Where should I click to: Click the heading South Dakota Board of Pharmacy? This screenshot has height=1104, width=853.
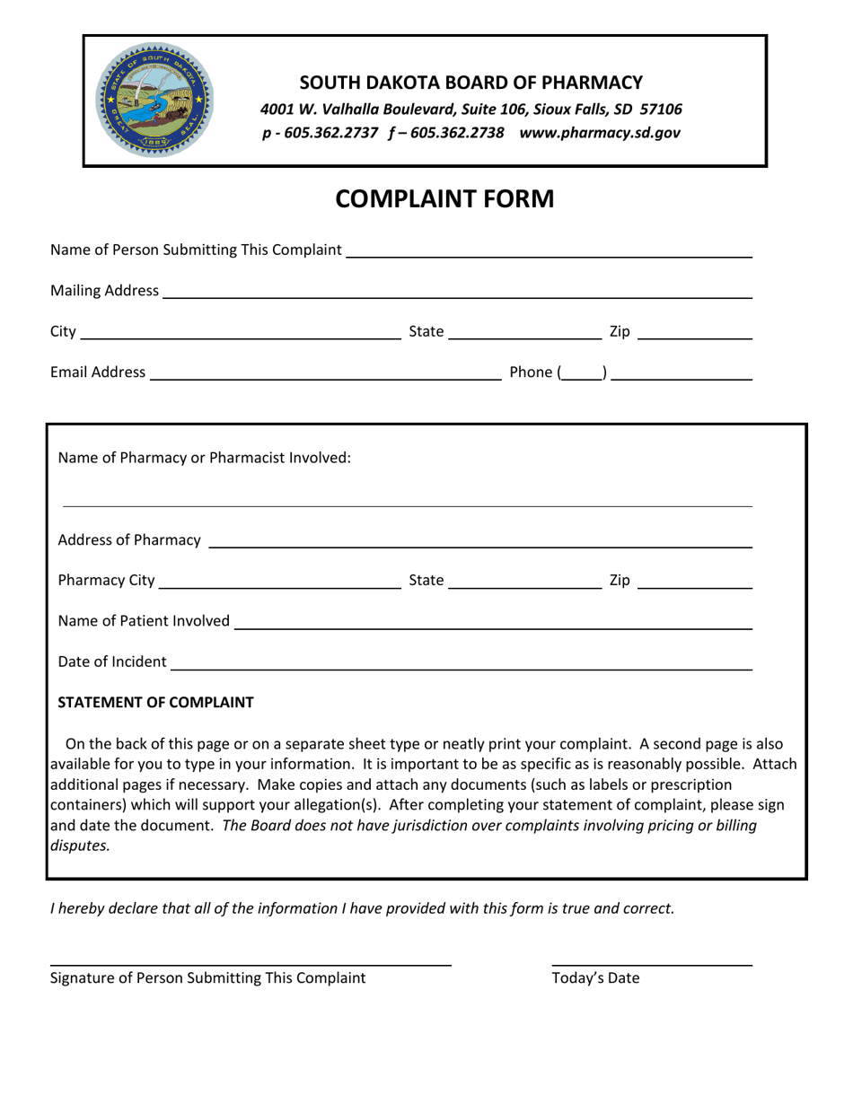pyautogui.click(x=470, y=83)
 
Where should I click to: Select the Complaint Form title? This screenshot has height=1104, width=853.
pyautogui.click(x=444, y=198)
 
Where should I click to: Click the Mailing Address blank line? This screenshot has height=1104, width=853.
pyautogui.click(x=456, y=291)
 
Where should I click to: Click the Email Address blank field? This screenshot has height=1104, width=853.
pyautogui.click(x=325, y=372)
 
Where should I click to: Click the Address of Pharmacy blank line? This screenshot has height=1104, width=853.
pyautogui.click(x=479, y=539)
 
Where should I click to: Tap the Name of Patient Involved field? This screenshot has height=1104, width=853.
pyautogui.click(x=492, y=621)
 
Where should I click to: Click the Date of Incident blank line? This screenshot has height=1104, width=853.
pyautogui.click(x=460, y=662)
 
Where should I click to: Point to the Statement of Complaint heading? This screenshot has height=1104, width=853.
pyautogui.click(x=155, y=702)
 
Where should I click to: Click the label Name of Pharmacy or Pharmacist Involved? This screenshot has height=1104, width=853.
pyautogui.click(x=204, y=458)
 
